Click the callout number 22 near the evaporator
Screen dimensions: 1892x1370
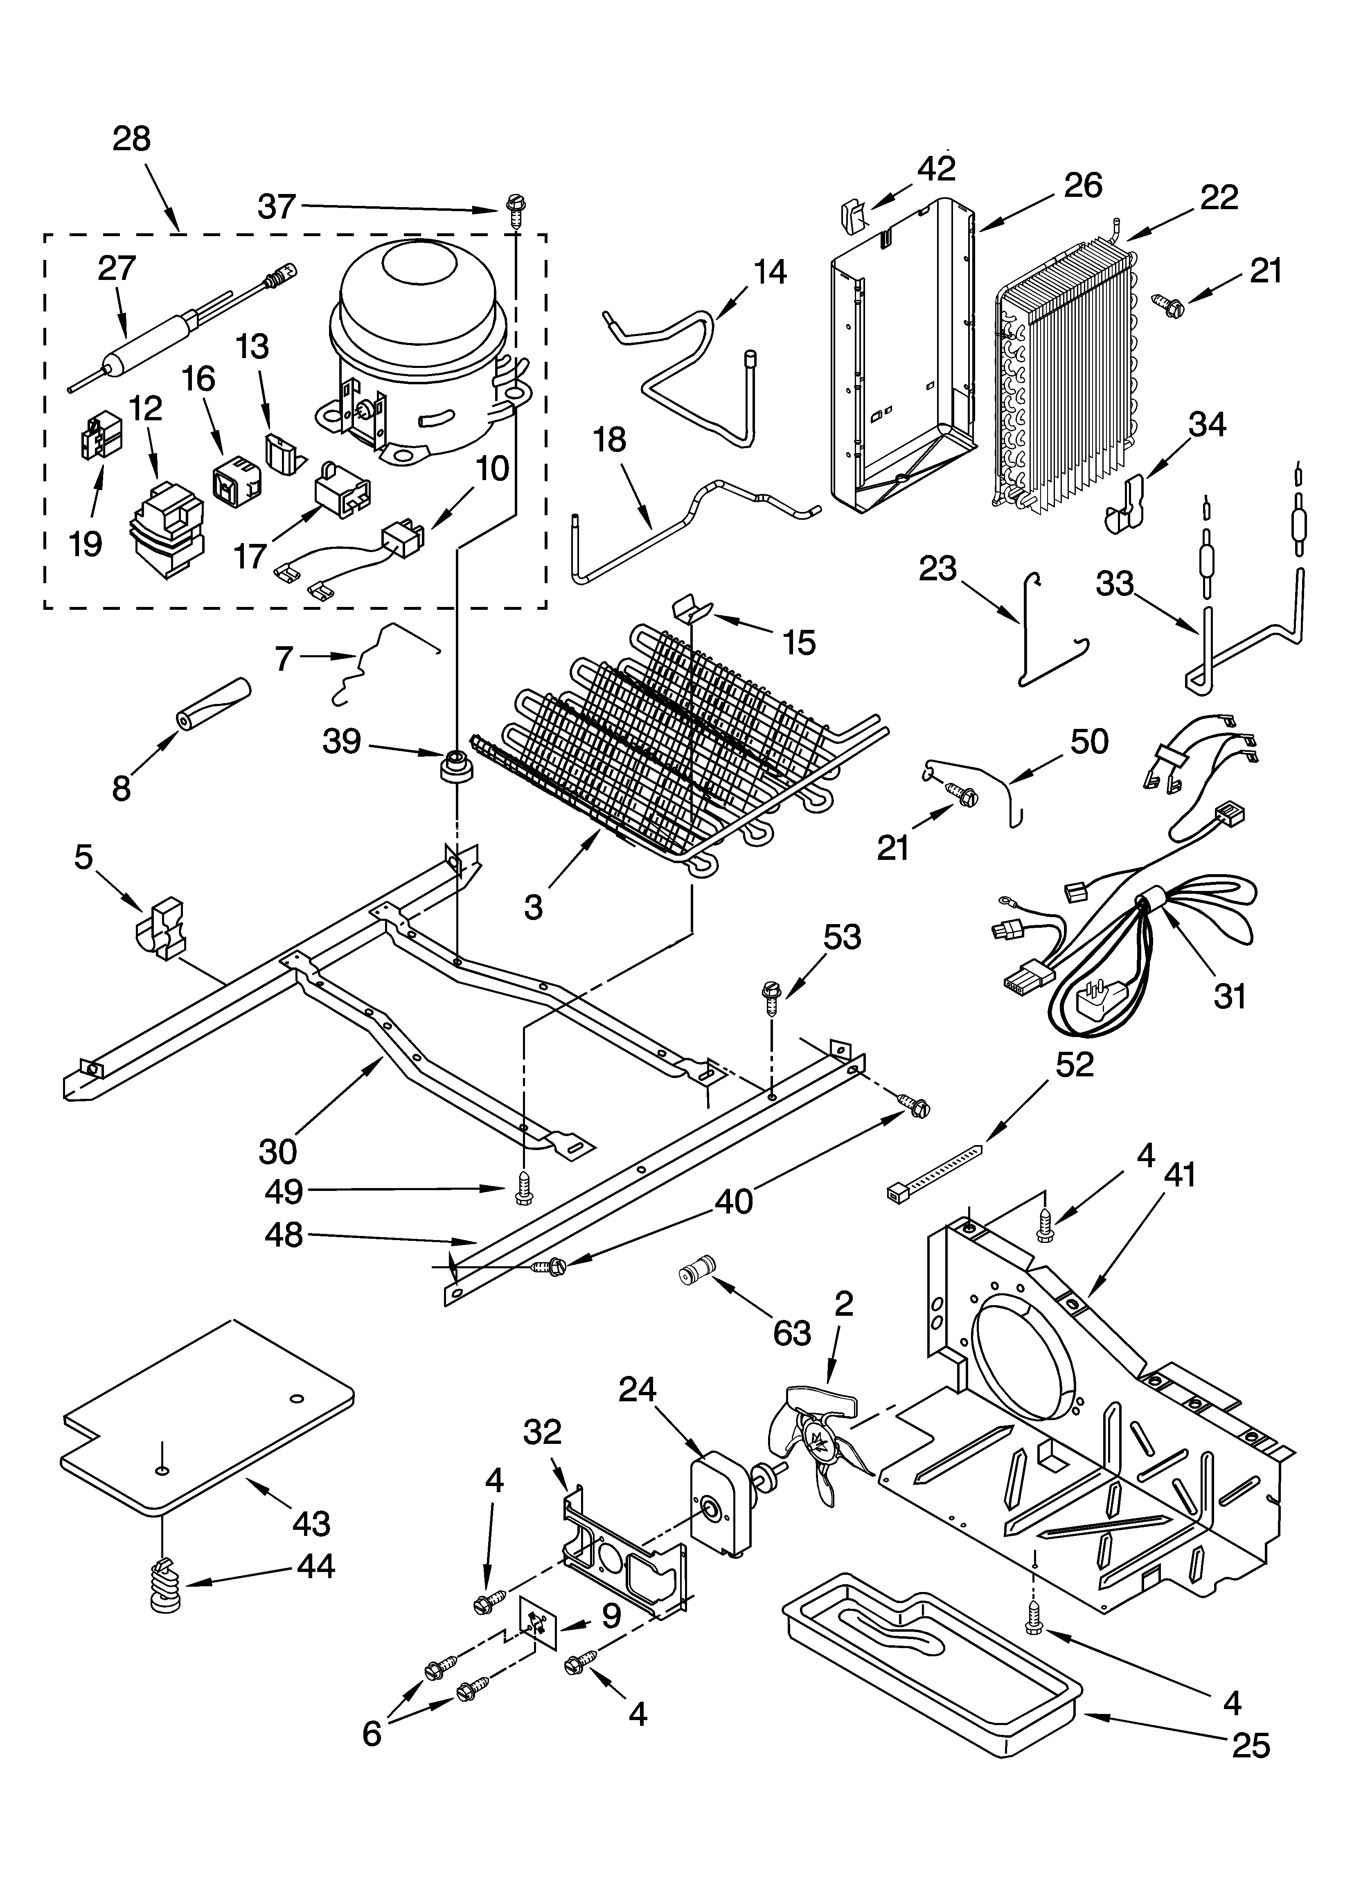tap(1218, 198)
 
